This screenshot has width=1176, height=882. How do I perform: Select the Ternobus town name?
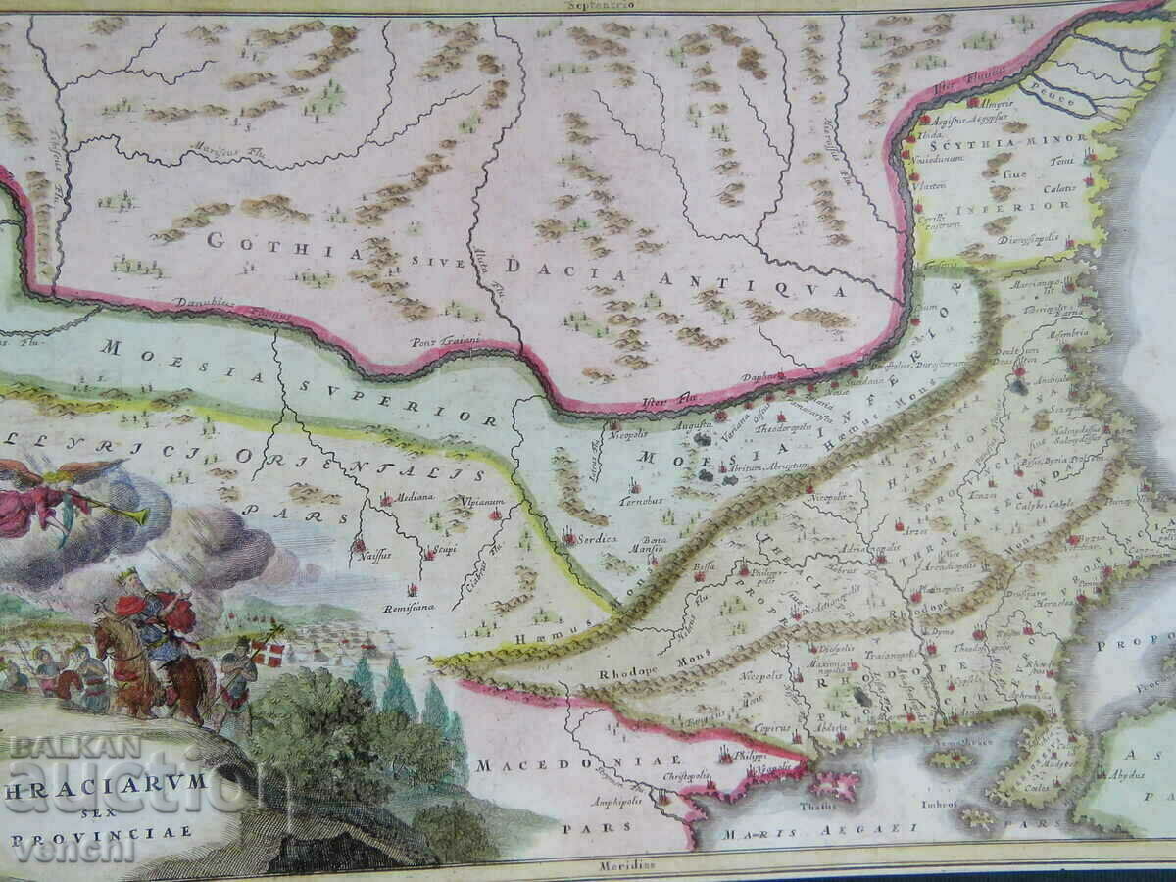point(641,499)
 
